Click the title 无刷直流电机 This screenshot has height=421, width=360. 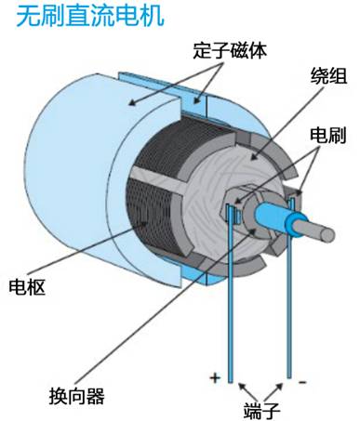(89, 15)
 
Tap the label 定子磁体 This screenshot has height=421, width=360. (230, 50)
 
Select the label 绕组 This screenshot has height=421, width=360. (328, 75)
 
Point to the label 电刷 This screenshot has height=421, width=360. (328, 136)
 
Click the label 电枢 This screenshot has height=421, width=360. (27, 286)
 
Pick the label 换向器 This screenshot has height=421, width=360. (76, 396)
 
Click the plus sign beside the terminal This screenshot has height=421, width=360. (215, 378)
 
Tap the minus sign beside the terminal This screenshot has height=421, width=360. (302, 382)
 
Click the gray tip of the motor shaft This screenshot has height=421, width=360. (327, 235)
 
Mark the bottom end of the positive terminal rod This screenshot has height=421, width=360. (230, 382)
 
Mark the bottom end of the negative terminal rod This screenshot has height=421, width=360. (289, 377)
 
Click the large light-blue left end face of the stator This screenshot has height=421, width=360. (73, 174)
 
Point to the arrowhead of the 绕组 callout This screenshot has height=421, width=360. (254, 157)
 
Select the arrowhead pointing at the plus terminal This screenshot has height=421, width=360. (242, 387)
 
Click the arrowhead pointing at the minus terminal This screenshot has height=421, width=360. (279, 387)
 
